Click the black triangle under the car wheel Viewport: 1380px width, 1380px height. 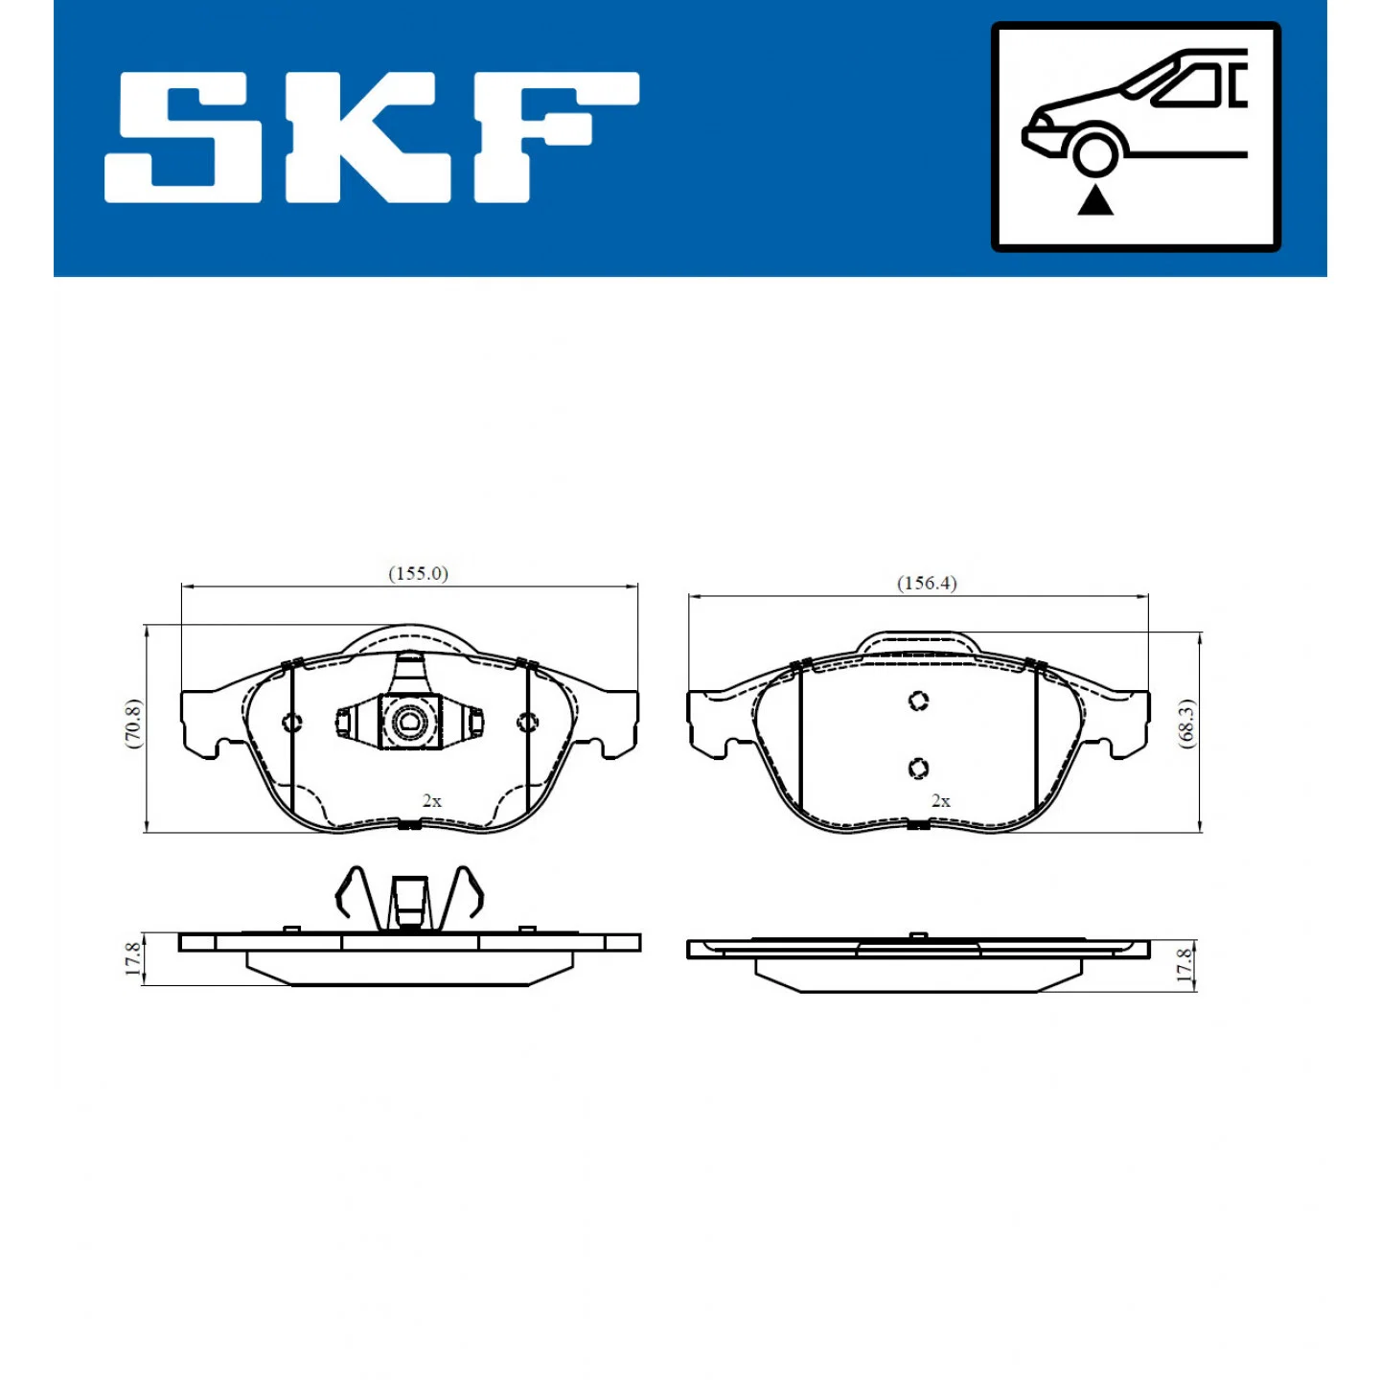click(1095, 200)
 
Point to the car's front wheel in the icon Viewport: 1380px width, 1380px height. click(1094, 153)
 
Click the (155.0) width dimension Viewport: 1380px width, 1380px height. click(418, 574)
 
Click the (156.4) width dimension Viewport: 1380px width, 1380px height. click(927, 583)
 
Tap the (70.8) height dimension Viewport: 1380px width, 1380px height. click(134, 724)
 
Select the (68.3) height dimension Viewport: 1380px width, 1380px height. click(1186, 724)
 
